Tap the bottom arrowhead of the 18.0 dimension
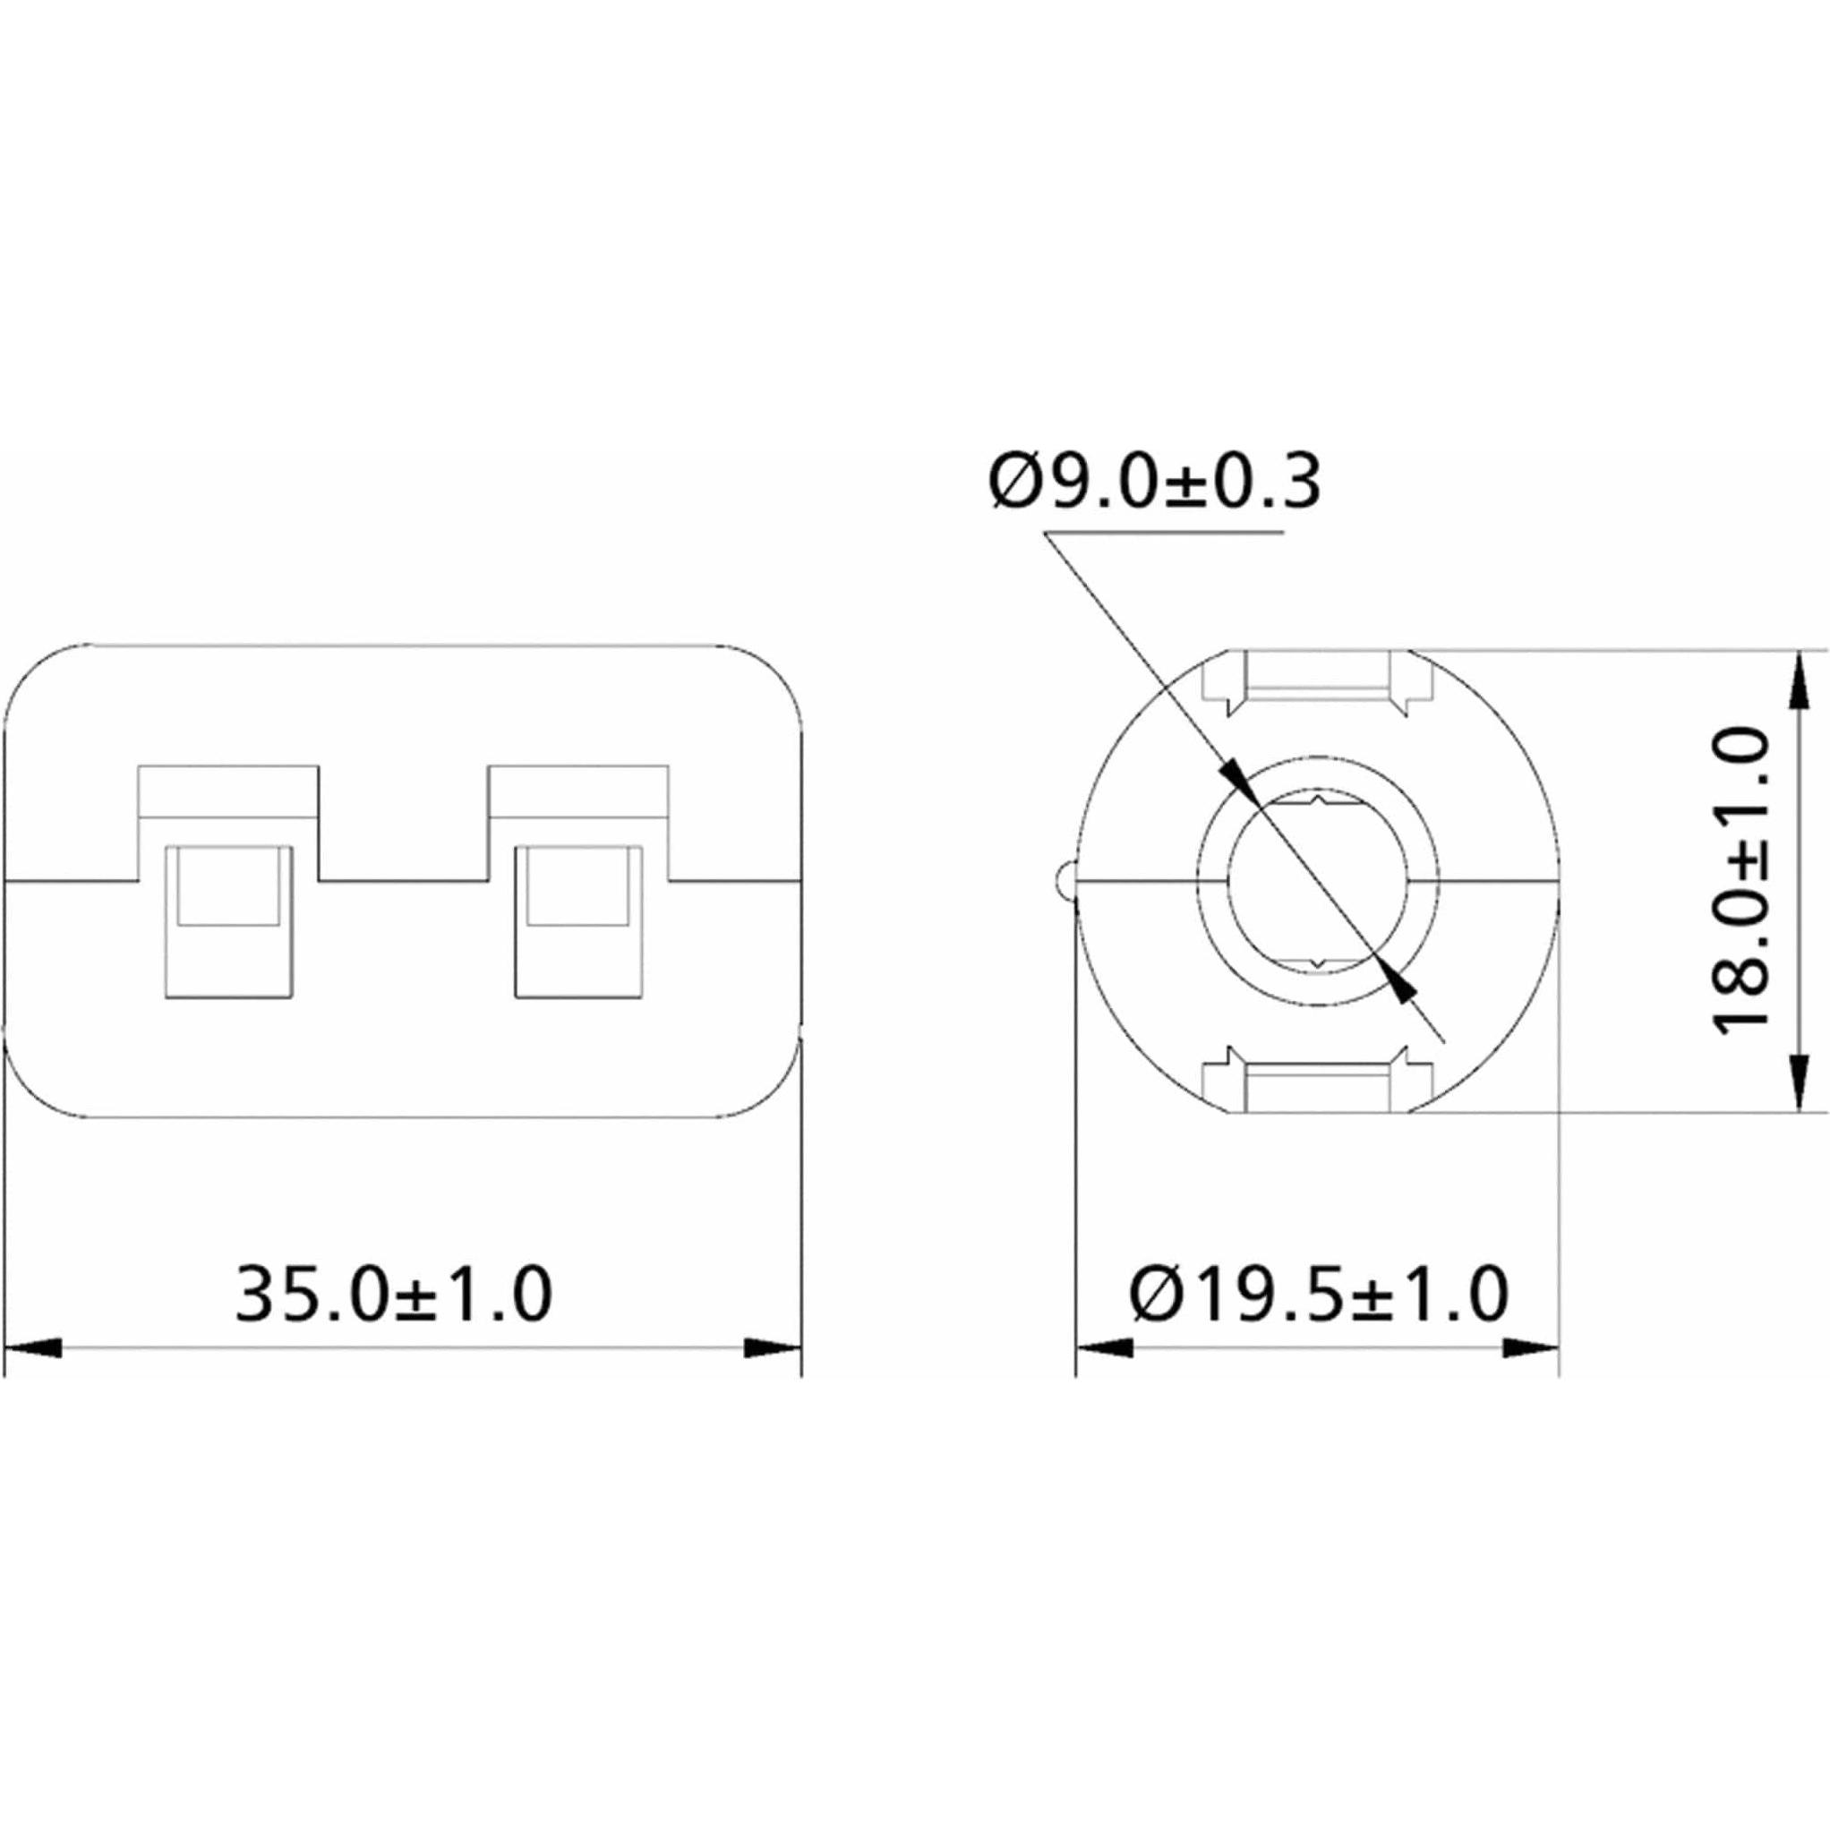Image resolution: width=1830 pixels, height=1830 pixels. (1797, 1084)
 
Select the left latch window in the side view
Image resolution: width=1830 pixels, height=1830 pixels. (228, 920)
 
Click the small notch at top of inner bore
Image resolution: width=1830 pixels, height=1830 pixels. (1318, 805)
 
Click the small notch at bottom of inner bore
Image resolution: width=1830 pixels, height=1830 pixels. (1318, 963)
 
